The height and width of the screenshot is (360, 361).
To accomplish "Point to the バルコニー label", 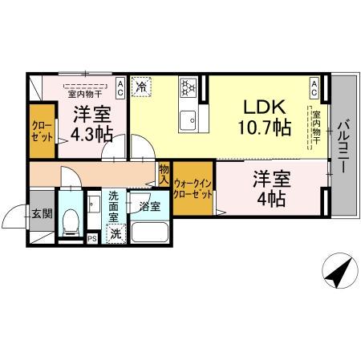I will click(343, 148).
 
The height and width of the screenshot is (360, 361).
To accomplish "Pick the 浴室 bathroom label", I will click(148, 207).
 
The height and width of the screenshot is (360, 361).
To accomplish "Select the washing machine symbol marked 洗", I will click(116, 234).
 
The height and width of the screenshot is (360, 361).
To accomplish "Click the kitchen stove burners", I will click(189, 87).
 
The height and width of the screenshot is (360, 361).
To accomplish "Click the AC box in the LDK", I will click(314, 84).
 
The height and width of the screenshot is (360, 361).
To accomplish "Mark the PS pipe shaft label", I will click(92, 237).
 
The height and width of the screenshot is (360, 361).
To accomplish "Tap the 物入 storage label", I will click(164, 174).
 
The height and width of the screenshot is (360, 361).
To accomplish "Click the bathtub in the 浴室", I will click(148, 233).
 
